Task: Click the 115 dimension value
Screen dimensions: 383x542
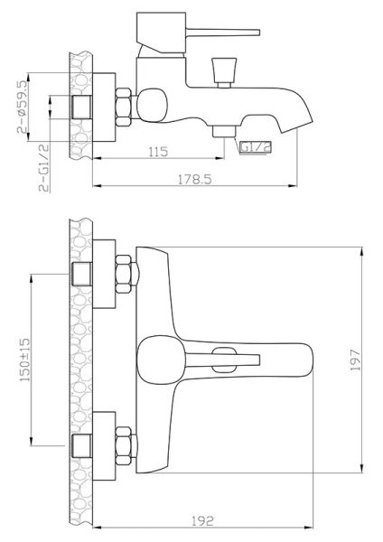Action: pos(158,152)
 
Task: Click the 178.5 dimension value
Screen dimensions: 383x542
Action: pos(194,180)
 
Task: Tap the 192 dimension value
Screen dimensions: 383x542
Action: pos(202,520)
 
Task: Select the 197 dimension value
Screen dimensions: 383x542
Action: pos(355,360)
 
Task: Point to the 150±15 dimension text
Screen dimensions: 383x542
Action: pos(25,360)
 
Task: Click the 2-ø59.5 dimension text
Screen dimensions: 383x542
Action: pos(22,107)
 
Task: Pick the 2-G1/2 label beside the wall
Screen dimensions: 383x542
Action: pos(44,168)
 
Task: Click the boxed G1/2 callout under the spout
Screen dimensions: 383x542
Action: pos(256,147)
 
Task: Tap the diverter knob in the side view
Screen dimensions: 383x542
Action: pos(224,72)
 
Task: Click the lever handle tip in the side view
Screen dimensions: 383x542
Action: pos(257,33)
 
